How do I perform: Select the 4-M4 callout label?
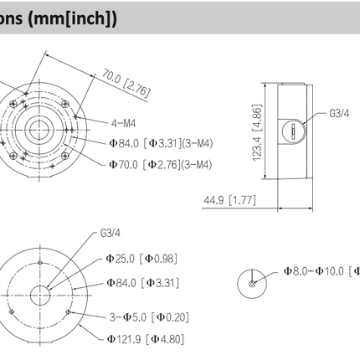[126, 122]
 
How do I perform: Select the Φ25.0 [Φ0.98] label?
[141, 259]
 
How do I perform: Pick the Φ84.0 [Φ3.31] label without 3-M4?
[141, 283]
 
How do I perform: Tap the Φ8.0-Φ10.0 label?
[319, 270]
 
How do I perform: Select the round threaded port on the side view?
[291, 130]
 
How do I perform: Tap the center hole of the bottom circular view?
[40, 295]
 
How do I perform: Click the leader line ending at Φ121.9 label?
[88, 336]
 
